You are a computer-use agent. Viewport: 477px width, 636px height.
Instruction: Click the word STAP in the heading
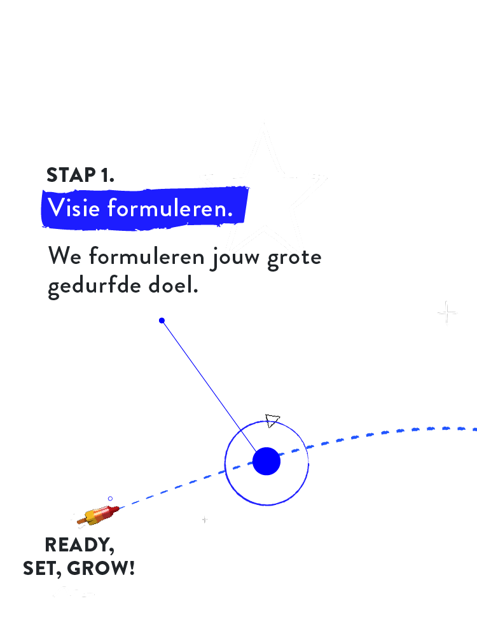pyautogui.click(x=71, y=176)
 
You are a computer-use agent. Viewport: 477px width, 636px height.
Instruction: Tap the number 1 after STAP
pyautogui.click(x=107, y=176)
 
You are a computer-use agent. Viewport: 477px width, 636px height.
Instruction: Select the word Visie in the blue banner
pyautogui.click(x=74, y=208)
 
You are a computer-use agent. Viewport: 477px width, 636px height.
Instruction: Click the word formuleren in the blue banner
pyautogui.click(x=170, y=208)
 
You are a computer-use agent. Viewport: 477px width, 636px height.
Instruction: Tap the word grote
pyautogui.click(x=294, y=258)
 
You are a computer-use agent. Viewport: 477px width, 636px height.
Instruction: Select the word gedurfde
pyautogui.click(x=94, y=286)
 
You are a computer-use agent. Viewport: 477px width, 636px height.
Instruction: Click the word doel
pyautogui.click(x=173, y=285)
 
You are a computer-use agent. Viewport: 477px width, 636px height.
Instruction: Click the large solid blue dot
pyautogui.click(x=266, y=461)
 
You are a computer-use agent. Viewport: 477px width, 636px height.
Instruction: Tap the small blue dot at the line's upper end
pyautogui.click(x=162, y=321)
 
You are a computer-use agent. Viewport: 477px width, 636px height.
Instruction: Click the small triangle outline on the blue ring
pyautogui.click(x=272, y=420)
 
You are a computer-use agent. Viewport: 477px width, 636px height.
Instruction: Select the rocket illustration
pyautogui.click(x=98, y=515)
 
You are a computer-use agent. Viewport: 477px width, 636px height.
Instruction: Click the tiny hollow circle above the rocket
pyautogui.click(x=110, y=499)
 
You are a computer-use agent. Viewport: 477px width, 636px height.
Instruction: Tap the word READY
pyautogui.click(x=79, y=545)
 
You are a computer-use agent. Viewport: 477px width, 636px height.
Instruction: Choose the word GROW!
pyautogui.click(x=100, y=568)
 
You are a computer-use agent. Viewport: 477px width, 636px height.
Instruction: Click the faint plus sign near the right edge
pyautogui.click(x=447, y=313)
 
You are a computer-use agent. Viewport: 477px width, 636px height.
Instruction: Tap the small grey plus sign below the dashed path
pyautogui.click(x=205, y=520)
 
